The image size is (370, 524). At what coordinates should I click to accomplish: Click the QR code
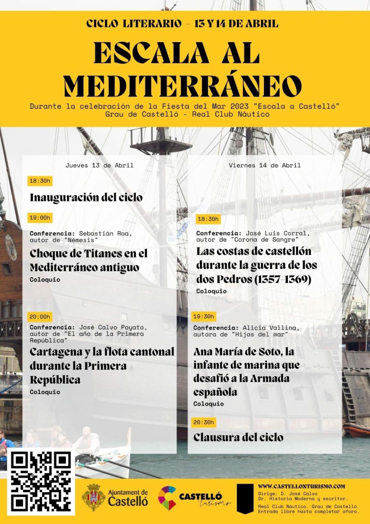pos(41,482)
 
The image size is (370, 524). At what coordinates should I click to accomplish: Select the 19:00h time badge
pos(40,218)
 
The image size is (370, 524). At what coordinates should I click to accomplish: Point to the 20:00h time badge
pos(40,317)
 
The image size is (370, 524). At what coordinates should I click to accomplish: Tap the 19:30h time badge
pos(203,317)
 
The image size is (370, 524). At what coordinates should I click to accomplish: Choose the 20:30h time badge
pos(203,422)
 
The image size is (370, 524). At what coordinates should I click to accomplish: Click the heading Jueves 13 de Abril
pos(99,165)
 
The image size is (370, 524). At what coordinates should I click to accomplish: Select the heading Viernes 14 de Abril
pos(265,165)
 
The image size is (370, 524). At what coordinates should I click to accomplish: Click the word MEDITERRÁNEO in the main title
pos(183,85)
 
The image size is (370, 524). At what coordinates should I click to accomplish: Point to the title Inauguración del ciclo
pos(86,198)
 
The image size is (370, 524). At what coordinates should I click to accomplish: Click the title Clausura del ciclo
pos(238,437)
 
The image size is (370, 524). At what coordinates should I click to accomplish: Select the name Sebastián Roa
pos(104,234)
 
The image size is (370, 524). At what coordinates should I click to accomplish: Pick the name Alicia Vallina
pos(271,328)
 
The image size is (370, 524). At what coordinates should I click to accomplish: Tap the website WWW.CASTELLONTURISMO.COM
pos(301,486)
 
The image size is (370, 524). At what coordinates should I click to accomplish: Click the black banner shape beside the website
pos(245,498)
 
